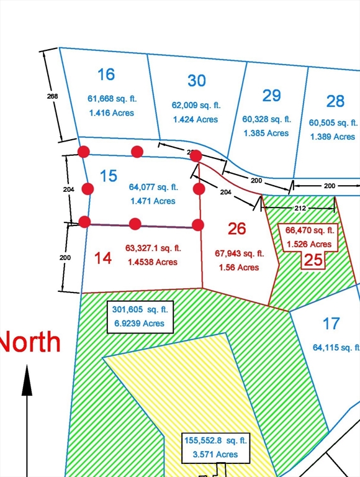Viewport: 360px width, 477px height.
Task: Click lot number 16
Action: click(x=106, y=75)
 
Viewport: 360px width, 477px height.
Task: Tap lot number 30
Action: click(x=196, y=81)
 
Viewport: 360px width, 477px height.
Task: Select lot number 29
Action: click(x=271, y=95)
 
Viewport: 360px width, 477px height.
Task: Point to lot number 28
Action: click(x=335, y=101)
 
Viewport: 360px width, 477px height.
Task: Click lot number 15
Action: click(x=108, y=176)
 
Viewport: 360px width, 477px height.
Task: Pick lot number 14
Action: click(x=103, y=258)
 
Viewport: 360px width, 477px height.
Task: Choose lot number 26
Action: click(x=236, y=229)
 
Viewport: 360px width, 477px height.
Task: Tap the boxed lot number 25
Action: click(x=314, y=260)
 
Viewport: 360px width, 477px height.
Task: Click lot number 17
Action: click(x=331, y=323)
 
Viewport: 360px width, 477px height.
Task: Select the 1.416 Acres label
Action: click(x=110, y=113)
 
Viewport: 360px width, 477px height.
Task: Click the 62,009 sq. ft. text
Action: click(x=196, y=106)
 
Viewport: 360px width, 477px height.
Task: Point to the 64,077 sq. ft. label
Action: click(x=153, y=186)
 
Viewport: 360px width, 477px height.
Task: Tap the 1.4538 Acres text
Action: click(x=151, y=262)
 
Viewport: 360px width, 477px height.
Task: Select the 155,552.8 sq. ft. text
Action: click(x=215, y=440)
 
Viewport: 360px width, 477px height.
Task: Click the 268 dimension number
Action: click(x=52, y=96)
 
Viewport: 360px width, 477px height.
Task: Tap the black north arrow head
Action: click(x=27, y=381)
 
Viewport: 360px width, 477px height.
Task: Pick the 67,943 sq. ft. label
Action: click(x=239, y=253)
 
